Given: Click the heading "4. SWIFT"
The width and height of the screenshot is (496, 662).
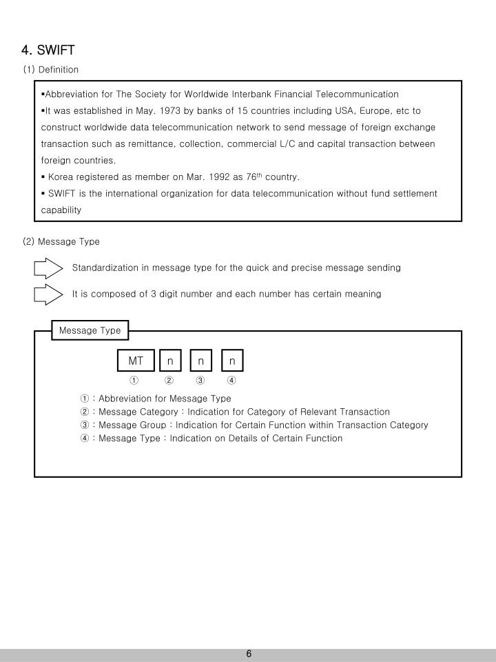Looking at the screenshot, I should click(48, 50).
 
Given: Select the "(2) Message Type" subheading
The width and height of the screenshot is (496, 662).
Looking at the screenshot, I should click(61, 241).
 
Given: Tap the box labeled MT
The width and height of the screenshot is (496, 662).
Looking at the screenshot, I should click(136, 361).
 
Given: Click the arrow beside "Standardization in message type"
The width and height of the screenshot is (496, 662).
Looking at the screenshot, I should click(48, 268).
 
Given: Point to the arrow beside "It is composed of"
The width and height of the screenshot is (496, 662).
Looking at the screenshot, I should click(48, 294).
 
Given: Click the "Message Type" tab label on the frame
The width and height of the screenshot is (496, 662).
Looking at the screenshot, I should click(90, 330).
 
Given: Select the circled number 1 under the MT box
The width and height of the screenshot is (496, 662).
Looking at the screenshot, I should click(134, 380).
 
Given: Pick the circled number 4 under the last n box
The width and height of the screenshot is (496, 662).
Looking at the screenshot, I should click(232, 380).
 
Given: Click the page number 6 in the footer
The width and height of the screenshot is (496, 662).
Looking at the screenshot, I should click(249, 654).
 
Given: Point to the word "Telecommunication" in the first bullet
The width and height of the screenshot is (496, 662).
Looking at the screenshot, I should click(357, 94).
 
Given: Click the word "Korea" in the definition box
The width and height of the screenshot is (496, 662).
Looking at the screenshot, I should click(61, 177).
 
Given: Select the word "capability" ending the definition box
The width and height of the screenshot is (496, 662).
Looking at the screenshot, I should click(61, 210).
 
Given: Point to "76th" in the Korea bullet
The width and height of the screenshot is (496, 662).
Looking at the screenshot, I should click(254, 177).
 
